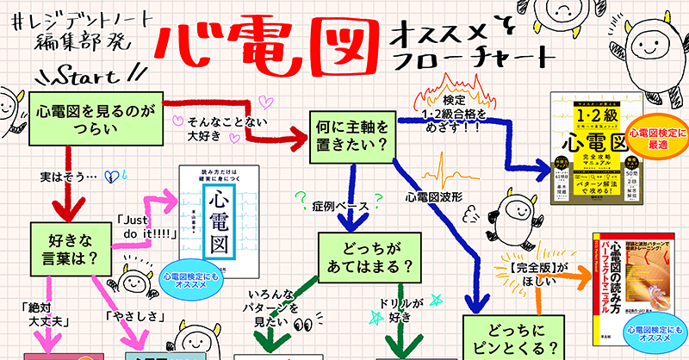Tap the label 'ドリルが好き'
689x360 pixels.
click(x=403, y=311)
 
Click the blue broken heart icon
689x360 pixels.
click(x=109, y=176)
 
